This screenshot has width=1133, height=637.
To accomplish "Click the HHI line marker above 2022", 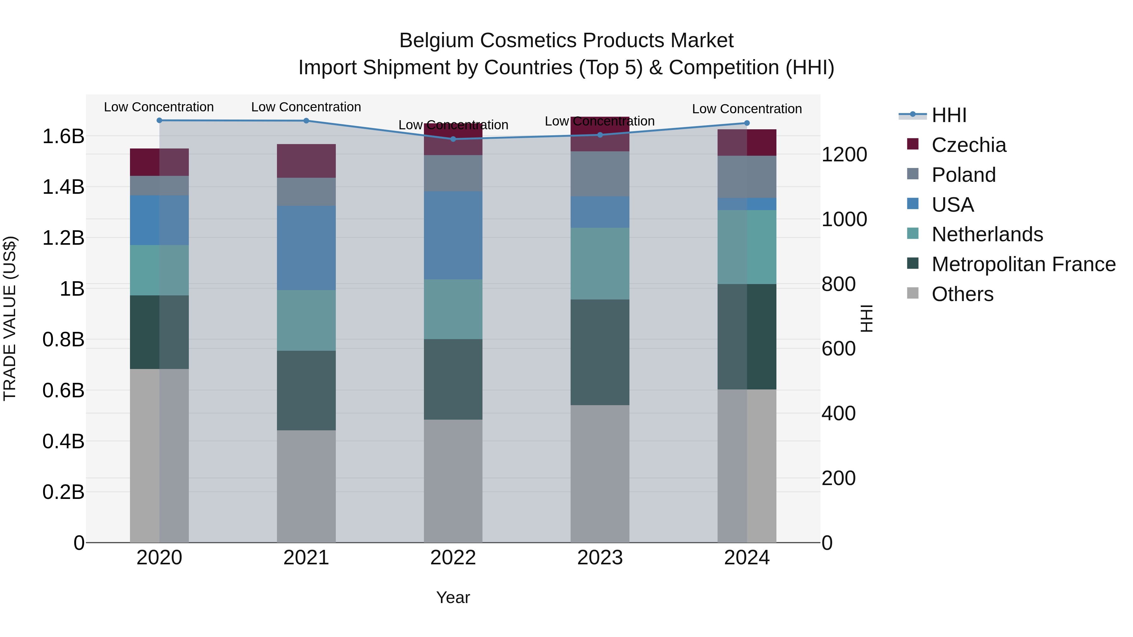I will click(453, 139).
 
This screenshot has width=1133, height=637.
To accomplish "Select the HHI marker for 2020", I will click(159, 120).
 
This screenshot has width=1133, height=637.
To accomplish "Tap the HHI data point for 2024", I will click(747, 123).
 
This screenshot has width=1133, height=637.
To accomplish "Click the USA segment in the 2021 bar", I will click(306, 248).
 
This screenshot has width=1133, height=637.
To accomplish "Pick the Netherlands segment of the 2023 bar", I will click(600, 264).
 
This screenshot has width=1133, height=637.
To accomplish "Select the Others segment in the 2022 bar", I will click(453, 481).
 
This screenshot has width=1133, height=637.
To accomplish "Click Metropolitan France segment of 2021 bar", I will click(306, 390).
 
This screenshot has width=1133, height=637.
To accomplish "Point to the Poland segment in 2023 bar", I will click(600, 174).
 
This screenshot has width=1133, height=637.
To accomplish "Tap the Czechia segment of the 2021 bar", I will click(306, 161).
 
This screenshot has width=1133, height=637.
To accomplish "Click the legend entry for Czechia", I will click(968, 145).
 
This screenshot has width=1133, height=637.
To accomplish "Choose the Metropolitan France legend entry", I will click(1023, 264).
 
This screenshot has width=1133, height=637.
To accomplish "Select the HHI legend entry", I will click(949, 115).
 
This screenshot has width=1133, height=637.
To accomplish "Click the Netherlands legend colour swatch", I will click(913, 233).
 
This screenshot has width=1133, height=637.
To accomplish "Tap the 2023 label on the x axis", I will click(600, 558).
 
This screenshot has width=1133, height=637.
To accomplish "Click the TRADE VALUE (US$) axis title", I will click(10, 318).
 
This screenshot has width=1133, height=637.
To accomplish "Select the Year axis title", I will click(453, 597).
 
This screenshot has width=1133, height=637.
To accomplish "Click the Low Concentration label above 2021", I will click(306, 107).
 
